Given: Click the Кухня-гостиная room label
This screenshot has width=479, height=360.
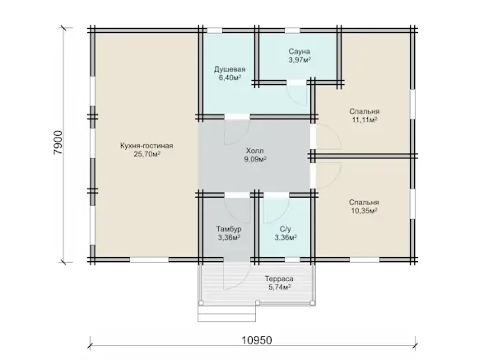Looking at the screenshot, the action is (x=146, y=146).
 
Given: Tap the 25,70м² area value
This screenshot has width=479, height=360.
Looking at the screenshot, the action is (x=147, y=154).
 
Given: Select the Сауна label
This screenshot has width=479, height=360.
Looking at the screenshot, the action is (x=299, y=51).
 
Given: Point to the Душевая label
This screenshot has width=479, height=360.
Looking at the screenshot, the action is (x=230, y=69).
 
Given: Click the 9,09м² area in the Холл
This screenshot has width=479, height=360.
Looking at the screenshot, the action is (x=255, y=159).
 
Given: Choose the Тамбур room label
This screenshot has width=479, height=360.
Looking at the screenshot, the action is (x=229, y=229).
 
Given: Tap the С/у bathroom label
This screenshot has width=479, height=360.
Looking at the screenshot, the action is (x=286, y=229).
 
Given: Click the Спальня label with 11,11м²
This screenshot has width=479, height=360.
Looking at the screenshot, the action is (x=365, y=111).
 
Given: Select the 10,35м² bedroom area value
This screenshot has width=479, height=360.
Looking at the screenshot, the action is (x=364, y=210).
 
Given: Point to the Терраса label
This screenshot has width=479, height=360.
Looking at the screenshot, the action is (x=279, y=279).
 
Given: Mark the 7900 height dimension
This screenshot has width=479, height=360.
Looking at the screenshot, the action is (x=58, y=143).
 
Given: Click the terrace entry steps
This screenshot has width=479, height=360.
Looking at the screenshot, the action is (x=226, y=313).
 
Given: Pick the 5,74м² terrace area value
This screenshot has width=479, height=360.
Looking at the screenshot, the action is (x=279, y=288).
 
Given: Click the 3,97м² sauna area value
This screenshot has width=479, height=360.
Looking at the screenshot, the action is (x=300, y=59).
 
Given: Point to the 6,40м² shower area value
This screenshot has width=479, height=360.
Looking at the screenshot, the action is (x=230, y=77).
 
